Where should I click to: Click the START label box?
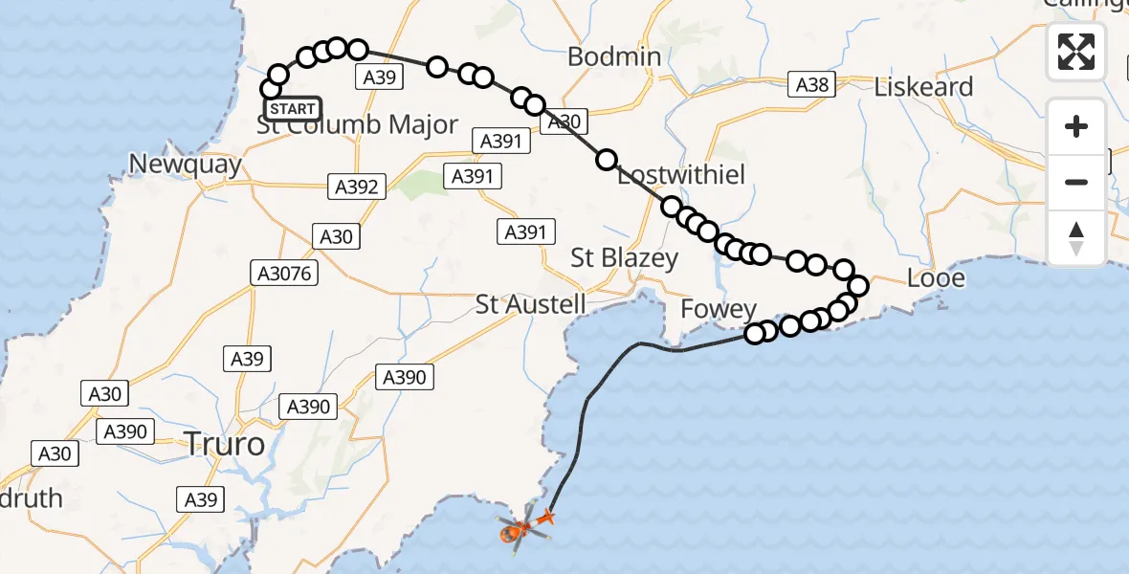[293, 109]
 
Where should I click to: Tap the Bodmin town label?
[614, 56]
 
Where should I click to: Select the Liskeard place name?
[923, 87]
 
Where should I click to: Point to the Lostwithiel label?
[681, 175]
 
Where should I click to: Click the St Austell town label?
[531, 305]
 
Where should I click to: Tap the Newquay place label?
[184, 164]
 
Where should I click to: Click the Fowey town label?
[718, 310]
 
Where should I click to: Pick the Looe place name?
[936, 279]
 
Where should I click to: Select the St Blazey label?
[624, 257]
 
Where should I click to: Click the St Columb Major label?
[358, 125]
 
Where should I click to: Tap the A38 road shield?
[811, 85]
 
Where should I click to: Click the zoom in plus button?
[1076, 126]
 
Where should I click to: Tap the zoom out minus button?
[1076, 182]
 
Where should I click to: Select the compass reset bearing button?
[1076, 238]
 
